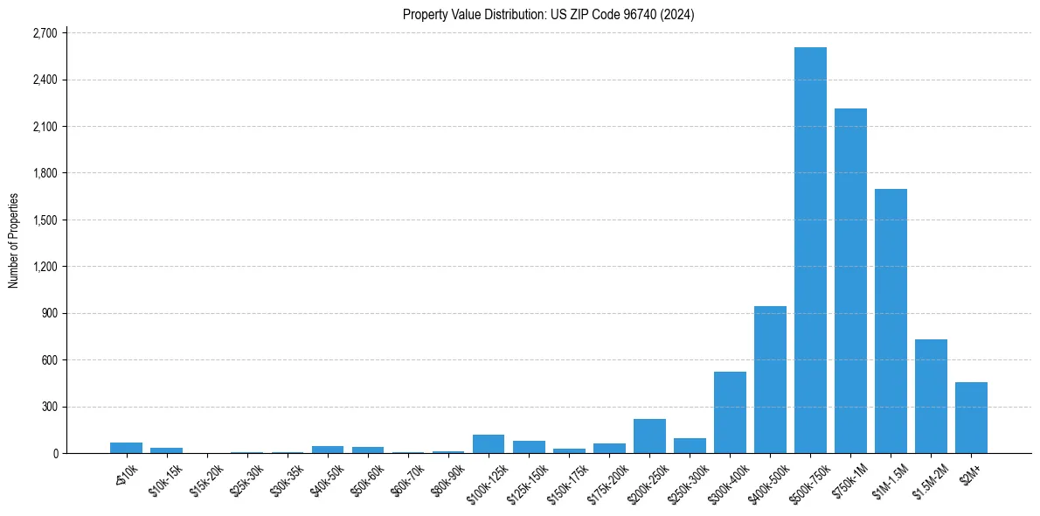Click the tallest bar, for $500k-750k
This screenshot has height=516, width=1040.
[810, 250]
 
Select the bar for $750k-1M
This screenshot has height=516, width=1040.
[850, 281]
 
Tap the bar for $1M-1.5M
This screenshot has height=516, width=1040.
[891, 321]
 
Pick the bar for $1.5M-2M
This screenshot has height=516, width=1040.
[931, 396]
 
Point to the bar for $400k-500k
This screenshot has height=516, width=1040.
[770, 380]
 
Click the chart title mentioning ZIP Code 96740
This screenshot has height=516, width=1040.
[548, 14]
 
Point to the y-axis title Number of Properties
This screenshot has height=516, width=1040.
[14, 241]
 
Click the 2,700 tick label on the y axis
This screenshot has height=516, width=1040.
[44, 33]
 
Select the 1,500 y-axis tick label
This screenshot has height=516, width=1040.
[44, 220]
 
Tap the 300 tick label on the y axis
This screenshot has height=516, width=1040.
[49, 407]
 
